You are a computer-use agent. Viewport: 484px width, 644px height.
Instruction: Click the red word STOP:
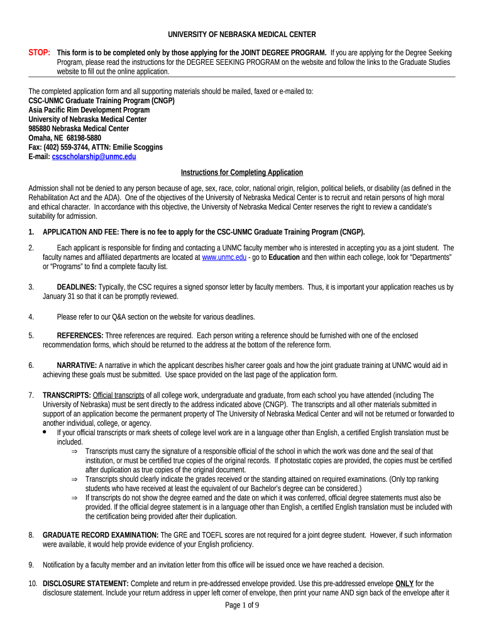pyautogui.click(x=40, y=52)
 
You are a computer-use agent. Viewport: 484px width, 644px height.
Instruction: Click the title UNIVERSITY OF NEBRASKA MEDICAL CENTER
pyautogui.click(x=241, y=35)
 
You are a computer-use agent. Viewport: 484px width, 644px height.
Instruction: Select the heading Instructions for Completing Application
pyautogui.click(x=242, y=172)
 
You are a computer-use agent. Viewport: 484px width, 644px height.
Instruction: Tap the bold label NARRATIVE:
pyautogui.click(x=77, y=365)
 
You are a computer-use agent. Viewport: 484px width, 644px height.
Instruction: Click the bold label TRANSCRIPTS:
pyautogui.click(x=66, y=395)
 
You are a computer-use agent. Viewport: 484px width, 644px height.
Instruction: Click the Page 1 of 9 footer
pyautogui.click(x=242, y=605)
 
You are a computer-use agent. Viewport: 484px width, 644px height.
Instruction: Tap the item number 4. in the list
pyautogui.click(x=31, y=316)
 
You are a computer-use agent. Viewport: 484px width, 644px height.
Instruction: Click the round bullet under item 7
pyautogui.click(x=43, y=433)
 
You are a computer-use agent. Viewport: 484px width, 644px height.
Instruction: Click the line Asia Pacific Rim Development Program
pyautogui.click(x=89, y=109)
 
